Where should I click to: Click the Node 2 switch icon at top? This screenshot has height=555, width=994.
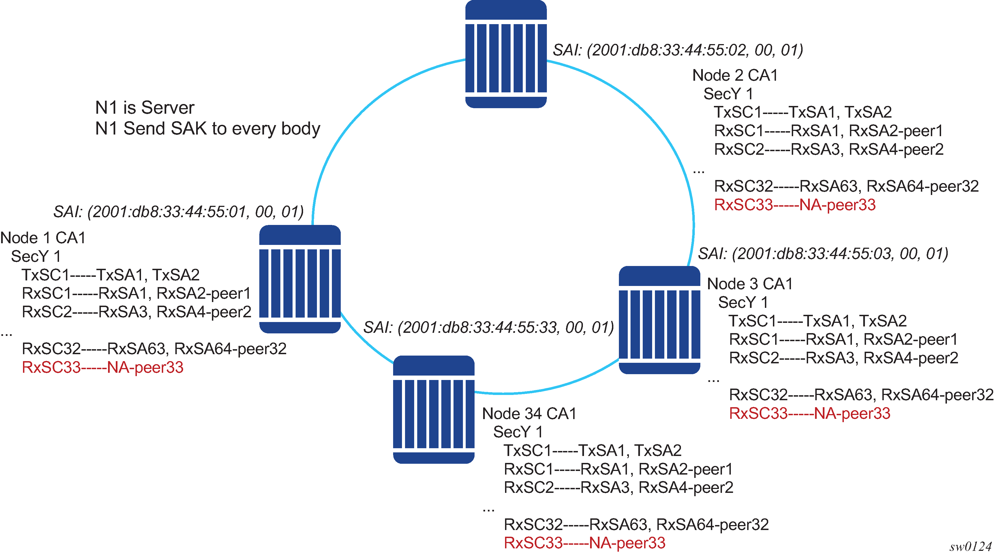(x=506, y=54)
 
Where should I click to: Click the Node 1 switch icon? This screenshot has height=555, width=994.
(x=300, y=279)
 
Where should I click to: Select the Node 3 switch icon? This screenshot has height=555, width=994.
(x=659, y=320)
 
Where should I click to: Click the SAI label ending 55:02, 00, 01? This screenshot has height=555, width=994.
(x=678, y=50)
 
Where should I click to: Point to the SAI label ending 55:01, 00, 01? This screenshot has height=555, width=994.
(x=178, y=212)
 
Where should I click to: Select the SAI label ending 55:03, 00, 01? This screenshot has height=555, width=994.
(x=823, y=254)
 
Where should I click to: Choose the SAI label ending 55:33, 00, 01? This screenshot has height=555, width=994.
(x=488, y=328)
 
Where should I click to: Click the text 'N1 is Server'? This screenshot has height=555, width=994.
(x=145, y=108)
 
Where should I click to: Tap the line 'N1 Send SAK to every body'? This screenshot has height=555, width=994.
(x=207, y=129)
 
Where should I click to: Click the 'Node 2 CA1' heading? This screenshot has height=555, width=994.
(x=735, y=75)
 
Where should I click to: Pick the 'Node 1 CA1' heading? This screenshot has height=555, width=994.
(x=43, y=238)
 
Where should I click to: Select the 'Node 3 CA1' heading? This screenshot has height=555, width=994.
(x=750, y=284)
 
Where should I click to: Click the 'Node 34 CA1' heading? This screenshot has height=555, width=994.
(x=529, y=414)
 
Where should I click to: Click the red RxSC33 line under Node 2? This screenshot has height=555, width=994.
(x=795, y=205)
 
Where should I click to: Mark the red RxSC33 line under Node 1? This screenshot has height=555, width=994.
(x=103, y=367)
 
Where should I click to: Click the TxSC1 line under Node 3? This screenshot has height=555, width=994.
(x=817, y=321)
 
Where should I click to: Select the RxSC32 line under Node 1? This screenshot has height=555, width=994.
(x=154, y=349)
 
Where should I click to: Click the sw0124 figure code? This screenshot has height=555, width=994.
(x=970, y=546)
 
